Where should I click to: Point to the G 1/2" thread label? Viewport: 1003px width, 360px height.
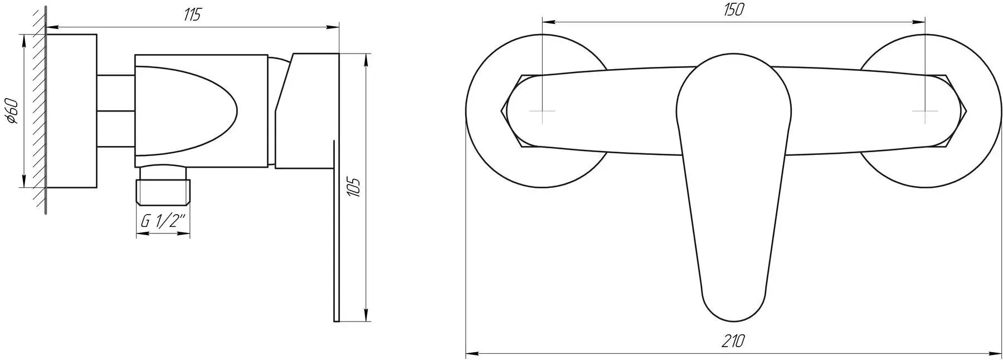[162, 221]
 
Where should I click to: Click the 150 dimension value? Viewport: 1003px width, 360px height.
[734, 11]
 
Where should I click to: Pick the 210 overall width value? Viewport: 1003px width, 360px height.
[734, 340]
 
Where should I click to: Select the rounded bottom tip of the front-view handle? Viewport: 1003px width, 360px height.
[734, 312]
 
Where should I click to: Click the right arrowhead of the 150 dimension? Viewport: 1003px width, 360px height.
[919, 22]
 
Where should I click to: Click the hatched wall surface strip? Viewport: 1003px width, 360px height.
[38, 111]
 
